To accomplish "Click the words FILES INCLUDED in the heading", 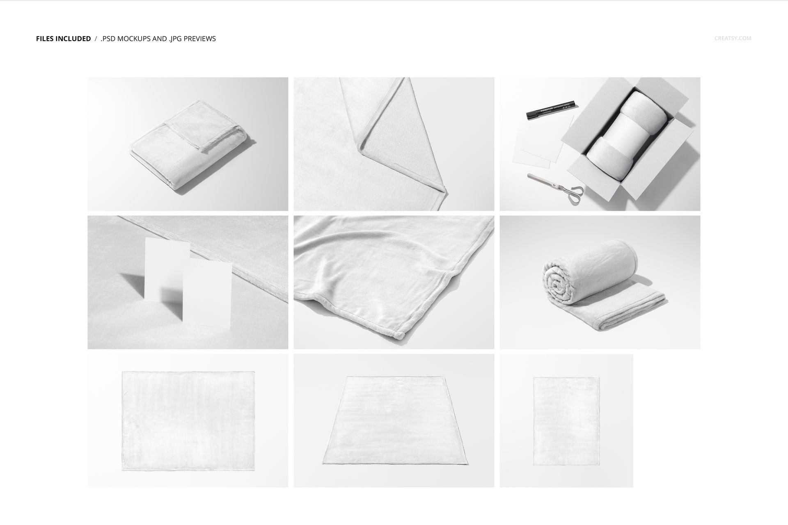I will (63, 39).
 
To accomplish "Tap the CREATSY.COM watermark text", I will (733, 39).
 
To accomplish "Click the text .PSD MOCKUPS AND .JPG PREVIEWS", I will (158, 39).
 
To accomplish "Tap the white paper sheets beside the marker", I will (538, 142).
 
